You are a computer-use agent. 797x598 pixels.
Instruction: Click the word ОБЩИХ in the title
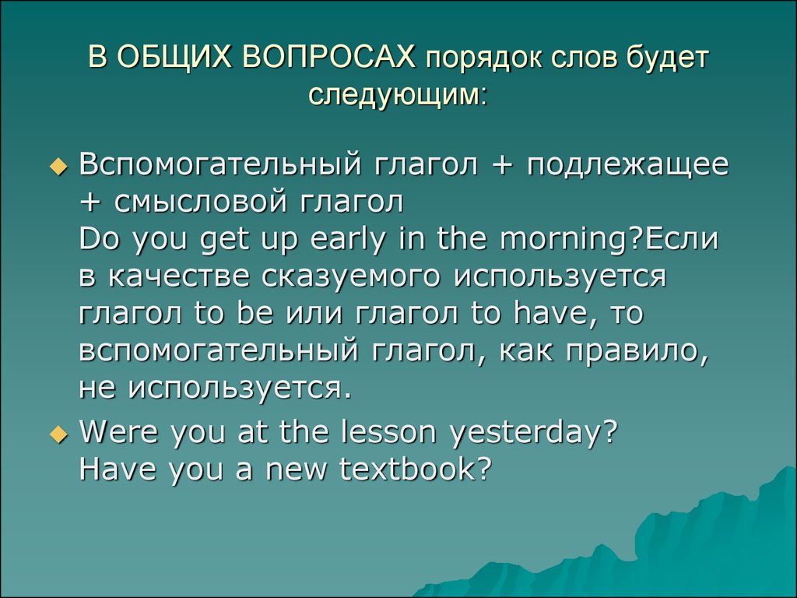174,56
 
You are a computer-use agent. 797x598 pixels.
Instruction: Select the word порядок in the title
484,59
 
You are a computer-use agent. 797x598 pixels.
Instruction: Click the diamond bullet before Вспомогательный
59,167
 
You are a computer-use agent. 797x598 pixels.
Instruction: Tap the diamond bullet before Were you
59,434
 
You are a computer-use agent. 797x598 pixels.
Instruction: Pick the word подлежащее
628,166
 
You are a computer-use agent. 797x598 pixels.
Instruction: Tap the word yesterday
534,434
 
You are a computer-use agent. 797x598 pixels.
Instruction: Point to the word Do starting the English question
100,239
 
